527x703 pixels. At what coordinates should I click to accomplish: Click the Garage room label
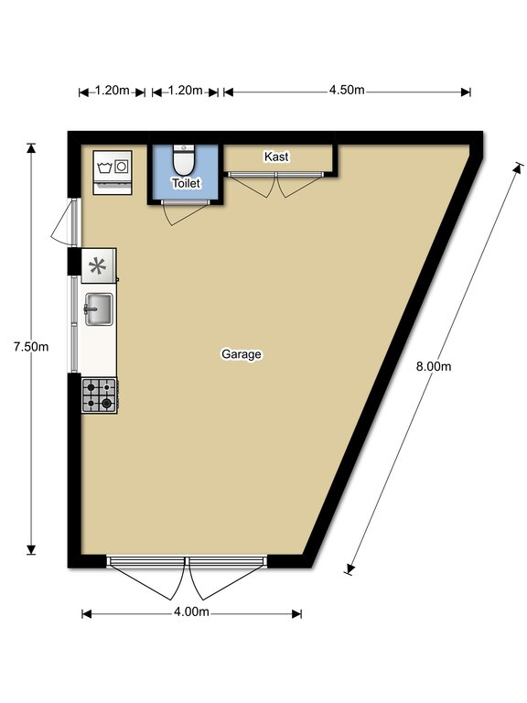click(x=242, y=354)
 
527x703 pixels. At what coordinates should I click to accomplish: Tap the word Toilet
click(x=187, y=183)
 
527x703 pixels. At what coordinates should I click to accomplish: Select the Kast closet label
click(x=276, y=157)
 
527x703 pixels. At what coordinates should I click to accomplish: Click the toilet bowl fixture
click(x=183, y=160)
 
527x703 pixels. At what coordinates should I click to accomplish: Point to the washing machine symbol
click(x=113, y=173)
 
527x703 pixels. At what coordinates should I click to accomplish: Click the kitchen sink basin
click(x=99, y=309)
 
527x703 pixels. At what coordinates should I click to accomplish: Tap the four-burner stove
click(x=100, y=395)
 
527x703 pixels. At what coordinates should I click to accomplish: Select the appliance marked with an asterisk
click(x=98, y=265)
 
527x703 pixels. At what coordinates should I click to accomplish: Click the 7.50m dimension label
click(x=31, y=347)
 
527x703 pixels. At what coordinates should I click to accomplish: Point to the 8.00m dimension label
click(x=434, y=366)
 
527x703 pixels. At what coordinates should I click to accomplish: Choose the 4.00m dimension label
click(x=191, y=612)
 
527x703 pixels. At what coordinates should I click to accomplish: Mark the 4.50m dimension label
click(x=347, y=90)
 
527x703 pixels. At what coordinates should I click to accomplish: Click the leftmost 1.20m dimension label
click(x=112, y=91)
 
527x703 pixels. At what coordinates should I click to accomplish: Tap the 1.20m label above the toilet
click(x=185, y=91)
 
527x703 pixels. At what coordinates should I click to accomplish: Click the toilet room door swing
click(x=185, y=212)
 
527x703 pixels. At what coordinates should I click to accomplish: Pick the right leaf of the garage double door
click(x=227, y=578)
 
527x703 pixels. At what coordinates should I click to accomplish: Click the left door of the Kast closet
click(x=252, y=184)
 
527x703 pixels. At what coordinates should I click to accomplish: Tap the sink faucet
click(x=90, y=308)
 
